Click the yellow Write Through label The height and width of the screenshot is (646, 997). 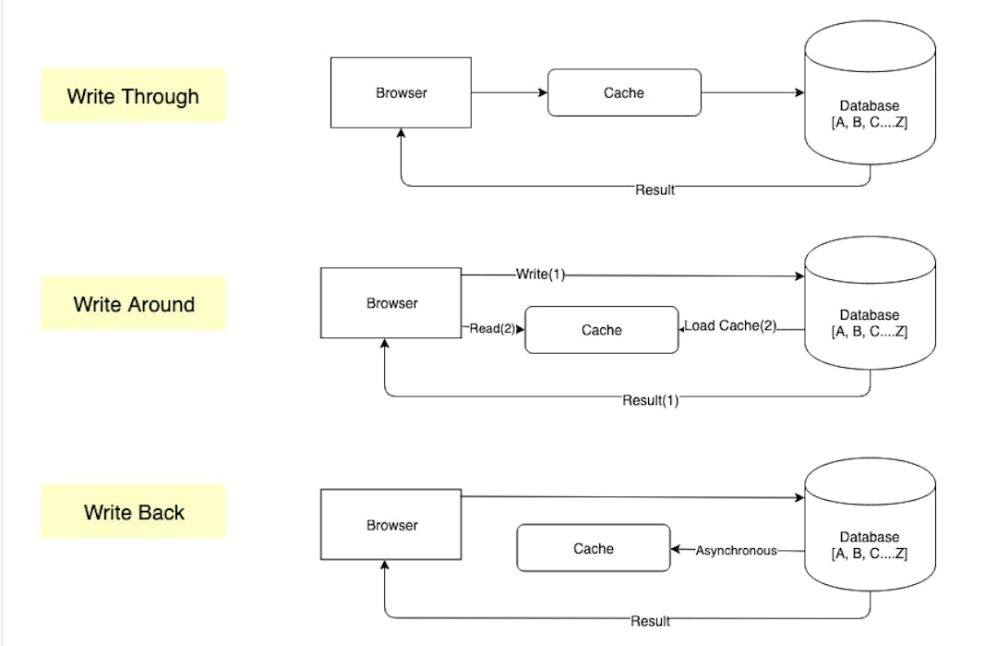tap(133, 95)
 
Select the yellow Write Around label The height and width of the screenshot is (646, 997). tap(133, 303)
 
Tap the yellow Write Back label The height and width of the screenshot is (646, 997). tap(133, 511)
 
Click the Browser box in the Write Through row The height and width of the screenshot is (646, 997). tap(401, 92)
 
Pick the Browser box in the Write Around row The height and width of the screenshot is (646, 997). tap(390, 303)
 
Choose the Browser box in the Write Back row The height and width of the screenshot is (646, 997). tap(390, 525)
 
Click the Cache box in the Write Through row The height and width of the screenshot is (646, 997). tap(624, 92)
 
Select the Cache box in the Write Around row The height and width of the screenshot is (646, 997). tap(601, 330)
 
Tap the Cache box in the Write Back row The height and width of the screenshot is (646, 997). tap(593, 548)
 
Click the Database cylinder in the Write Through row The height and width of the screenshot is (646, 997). tap(870, 102)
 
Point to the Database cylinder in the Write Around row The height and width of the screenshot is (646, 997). tap(870, 314)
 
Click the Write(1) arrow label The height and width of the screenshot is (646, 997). tap(540, 274)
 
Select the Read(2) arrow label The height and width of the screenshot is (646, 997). tap(492, 328)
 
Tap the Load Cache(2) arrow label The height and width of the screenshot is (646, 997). tap(730, 326)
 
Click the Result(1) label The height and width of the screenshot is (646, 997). tap(650, 400)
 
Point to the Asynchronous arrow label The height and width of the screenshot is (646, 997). tap(736, 550)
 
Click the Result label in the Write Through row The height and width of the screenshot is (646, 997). tap(655, 189)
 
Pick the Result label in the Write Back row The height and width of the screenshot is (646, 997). tap(650, 621)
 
